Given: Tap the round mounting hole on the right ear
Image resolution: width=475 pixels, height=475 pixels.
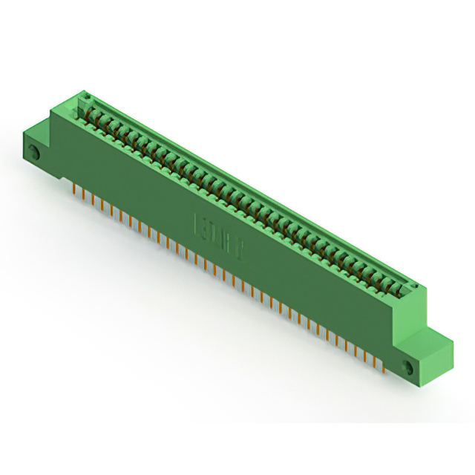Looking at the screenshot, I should pyautogui.click(x=406, y=367).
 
